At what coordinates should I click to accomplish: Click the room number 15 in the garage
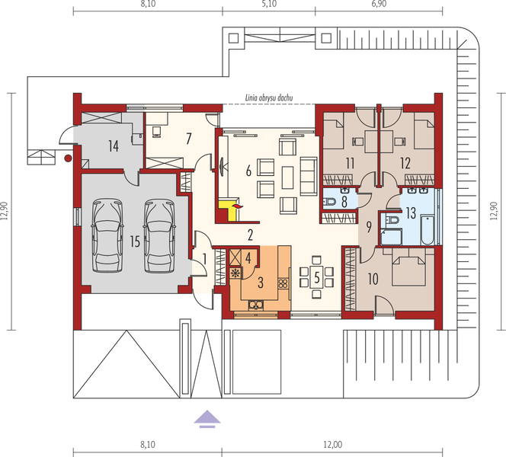pyautogui.click(x=134, y=242)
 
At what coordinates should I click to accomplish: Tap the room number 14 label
pyautogui.click(x=112, y=145)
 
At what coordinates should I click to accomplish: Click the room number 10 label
pyautogui.click(x=373, y=279)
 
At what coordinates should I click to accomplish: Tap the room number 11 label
pyautogui.click(x=350, y=162)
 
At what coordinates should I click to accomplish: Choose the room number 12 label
pyautogui.click(x=405, y=162)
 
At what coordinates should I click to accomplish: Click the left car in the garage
pyautogui.click(x=105, y=232)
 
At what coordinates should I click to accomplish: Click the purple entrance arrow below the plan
pyautogui.click(x=206, y=418)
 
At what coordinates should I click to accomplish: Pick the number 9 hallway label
pyautogui.click(x=368, y=226)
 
